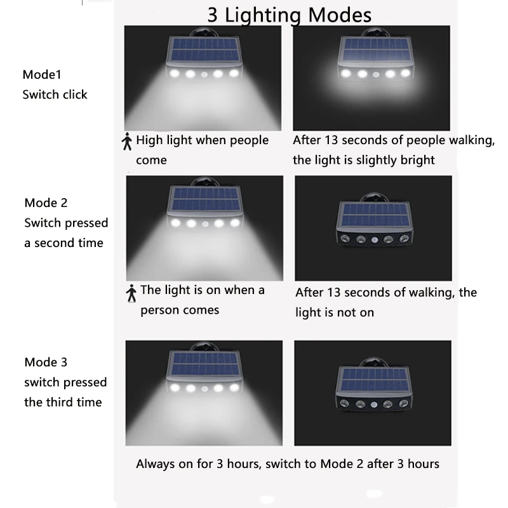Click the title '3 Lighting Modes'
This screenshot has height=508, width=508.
point(289,15)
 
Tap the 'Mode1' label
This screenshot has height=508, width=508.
point(42,74)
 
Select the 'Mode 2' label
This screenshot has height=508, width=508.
point(46,203)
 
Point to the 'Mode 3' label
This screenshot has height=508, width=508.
point(46,362)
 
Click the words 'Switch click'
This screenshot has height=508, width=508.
point(55,95)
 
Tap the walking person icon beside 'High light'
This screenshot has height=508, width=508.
point(127,141)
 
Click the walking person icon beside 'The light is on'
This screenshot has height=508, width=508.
point(131,293)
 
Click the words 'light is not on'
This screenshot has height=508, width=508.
point(335,312)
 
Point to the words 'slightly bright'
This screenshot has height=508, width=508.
point(395,160)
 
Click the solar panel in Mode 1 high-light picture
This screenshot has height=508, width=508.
point(204,50)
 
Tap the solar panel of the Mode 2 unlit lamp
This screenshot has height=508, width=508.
point(375,215)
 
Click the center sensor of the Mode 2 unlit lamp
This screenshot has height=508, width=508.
point(375,240)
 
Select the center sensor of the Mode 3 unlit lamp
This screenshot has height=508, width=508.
point(374,404)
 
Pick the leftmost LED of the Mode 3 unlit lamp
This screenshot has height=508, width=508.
point(344,404)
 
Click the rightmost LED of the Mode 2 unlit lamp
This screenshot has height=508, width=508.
point(404,239)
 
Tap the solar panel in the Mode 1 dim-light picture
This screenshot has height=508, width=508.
point(376,50)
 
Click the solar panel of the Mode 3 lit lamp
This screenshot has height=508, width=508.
point(204,364)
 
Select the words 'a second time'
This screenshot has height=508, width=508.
point(64,243)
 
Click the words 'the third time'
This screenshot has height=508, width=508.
point(63,403)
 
